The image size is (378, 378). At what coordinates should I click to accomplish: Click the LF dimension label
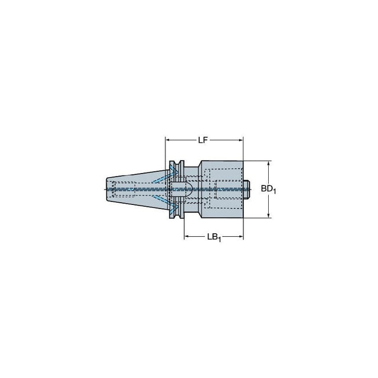(203, 140)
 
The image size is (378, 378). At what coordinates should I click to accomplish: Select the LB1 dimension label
(214, 237)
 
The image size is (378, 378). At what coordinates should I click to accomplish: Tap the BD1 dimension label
(268, 189)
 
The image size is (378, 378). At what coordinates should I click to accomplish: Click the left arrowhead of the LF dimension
(168, 140)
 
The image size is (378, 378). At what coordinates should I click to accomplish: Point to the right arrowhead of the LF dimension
(240, 140)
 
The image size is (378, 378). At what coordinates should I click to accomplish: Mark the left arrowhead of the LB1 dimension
(187, 236)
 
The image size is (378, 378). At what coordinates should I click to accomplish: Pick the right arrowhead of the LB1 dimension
(240, 236)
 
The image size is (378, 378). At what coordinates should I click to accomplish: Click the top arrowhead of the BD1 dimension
(269, 164)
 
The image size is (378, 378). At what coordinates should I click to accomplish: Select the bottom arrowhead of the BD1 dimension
(269, 215)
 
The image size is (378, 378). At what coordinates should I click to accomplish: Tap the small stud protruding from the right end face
(246, 189)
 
